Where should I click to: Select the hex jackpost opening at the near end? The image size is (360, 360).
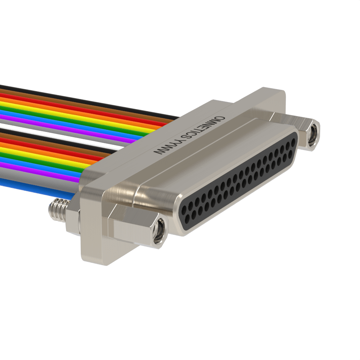tap(160, 230)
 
